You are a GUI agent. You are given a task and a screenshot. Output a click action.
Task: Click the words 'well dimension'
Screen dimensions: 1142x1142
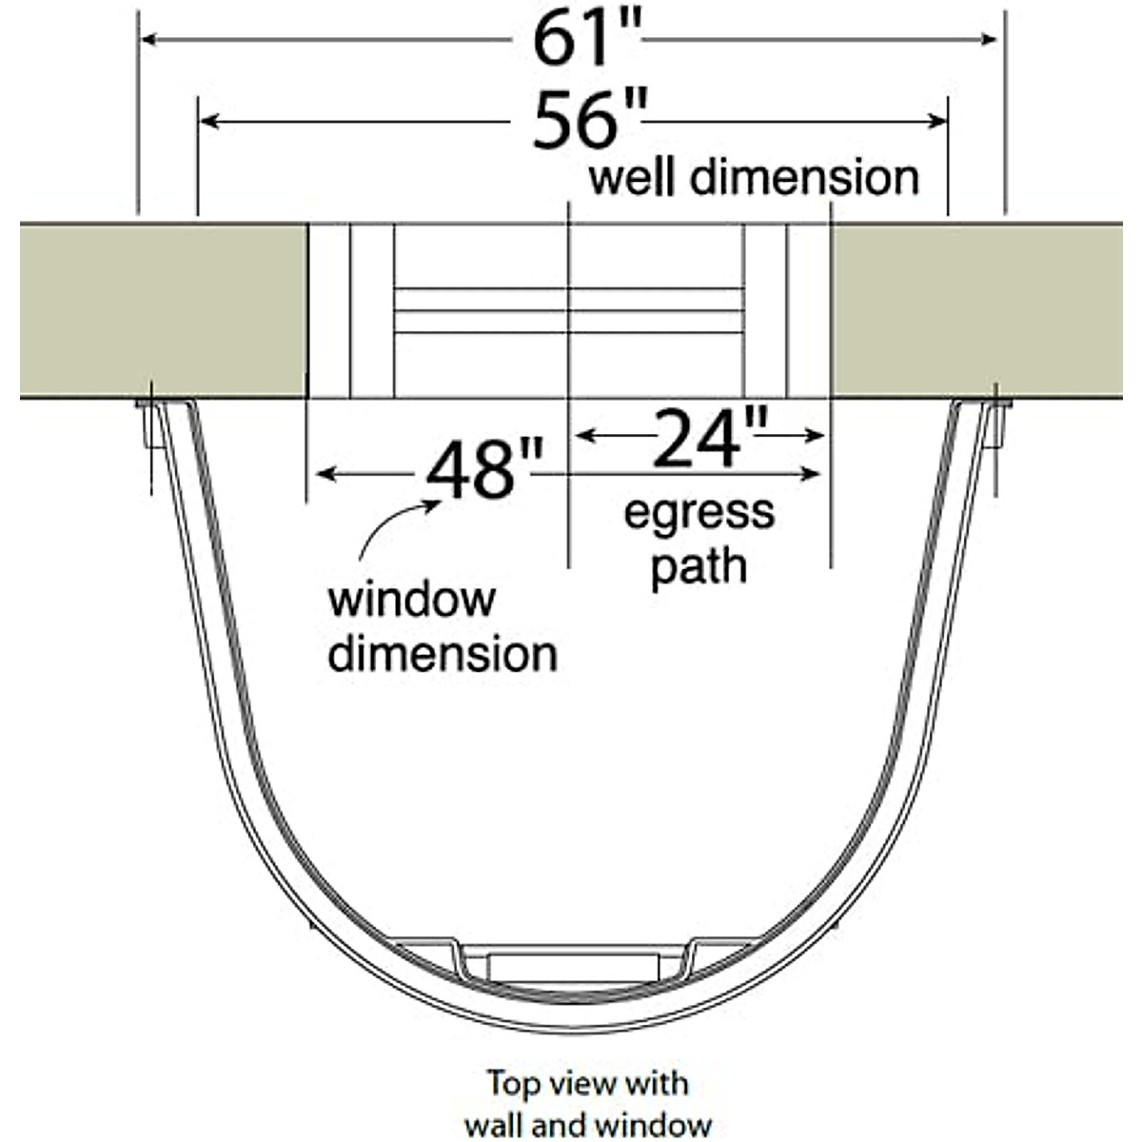click(754, 178)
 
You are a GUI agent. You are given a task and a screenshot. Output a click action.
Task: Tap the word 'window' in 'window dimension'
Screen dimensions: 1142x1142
click(411, 601)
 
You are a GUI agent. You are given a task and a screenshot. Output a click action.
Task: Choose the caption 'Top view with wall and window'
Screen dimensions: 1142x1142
click(588, 1103)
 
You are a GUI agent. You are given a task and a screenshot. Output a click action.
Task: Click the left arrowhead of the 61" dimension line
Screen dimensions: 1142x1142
click(148, 39)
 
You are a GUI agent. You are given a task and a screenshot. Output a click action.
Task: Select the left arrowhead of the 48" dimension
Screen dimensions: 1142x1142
click(324, 473)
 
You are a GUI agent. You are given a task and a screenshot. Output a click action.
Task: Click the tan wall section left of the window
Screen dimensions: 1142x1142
click(162, 310)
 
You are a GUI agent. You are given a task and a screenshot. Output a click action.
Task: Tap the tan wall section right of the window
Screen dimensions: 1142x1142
click(975, 310)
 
